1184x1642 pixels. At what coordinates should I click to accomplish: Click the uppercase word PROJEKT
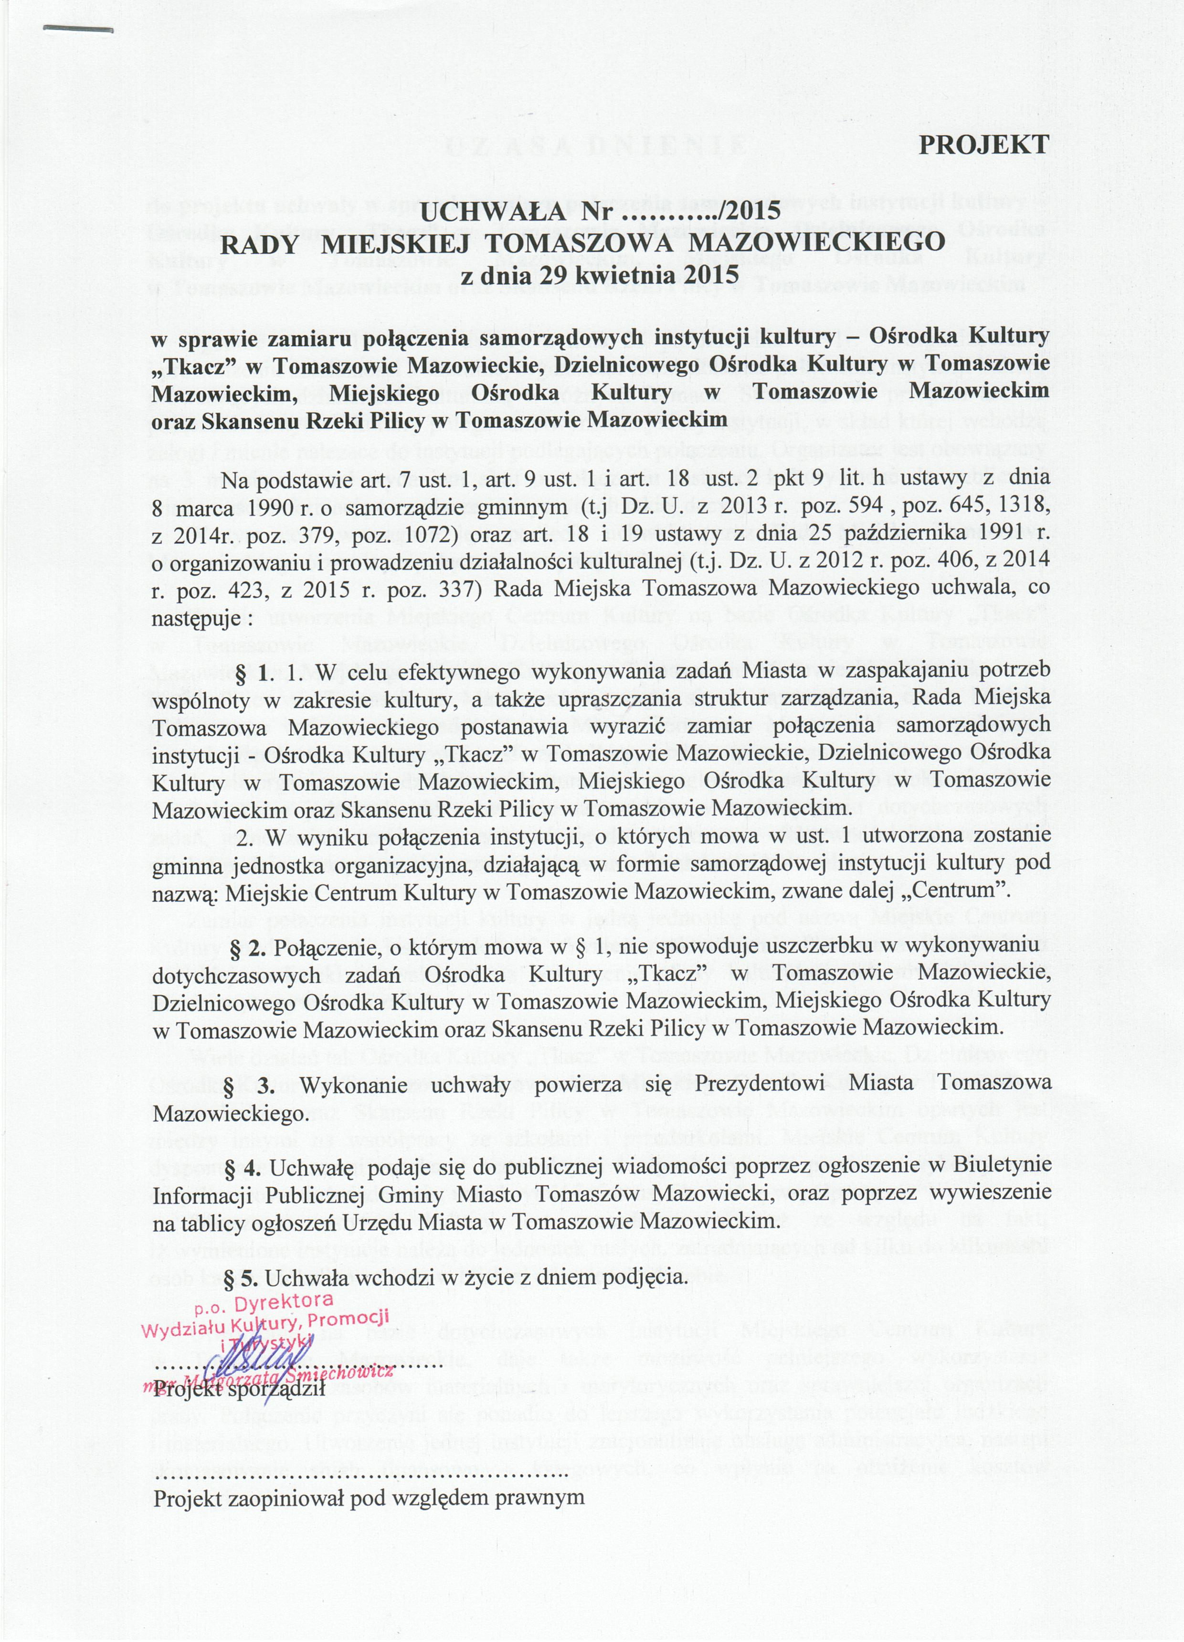coord(983,145)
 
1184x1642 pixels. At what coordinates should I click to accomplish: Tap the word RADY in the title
coord(258,243)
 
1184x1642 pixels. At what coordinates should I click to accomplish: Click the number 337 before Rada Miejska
coord(460,588)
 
